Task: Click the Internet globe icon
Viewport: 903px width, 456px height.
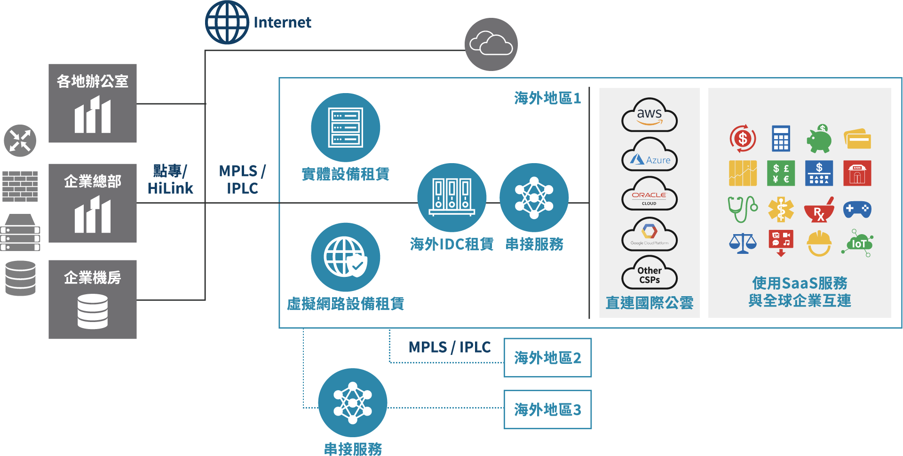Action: (227, 23)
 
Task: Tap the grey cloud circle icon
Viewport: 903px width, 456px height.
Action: (491, 44)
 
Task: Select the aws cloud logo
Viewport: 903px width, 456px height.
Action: (649, 116)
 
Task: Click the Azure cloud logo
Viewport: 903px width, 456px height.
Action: (649, 155)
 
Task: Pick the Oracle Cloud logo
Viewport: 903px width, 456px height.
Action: (649, 195)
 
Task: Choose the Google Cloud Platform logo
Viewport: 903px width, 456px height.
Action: (649, 235)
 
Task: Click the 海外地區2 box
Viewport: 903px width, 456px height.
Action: (547, 358)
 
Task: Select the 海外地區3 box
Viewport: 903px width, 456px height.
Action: (547, 409)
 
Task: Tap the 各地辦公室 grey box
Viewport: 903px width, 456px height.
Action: (93, 103)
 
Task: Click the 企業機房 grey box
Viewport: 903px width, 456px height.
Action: (93, 299)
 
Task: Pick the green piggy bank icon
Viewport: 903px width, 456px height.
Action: (819, 139)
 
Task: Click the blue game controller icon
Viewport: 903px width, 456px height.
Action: (857, 209)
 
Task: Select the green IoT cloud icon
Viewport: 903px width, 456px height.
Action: (857, 243)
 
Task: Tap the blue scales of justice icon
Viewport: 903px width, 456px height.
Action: (743, 244)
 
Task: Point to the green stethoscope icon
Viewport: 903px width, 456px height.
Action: (743, 209)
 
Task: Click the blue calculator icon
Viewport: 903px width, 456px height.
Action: (781, 139)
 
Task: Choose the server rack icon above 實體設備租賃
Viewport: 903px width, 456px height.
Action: (346, 127)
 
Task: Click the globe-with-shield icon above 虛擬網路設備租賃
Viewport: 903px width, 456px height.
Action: (346, 257)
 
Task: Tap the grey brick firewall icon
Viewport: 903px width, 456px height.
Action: (20, 186)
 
